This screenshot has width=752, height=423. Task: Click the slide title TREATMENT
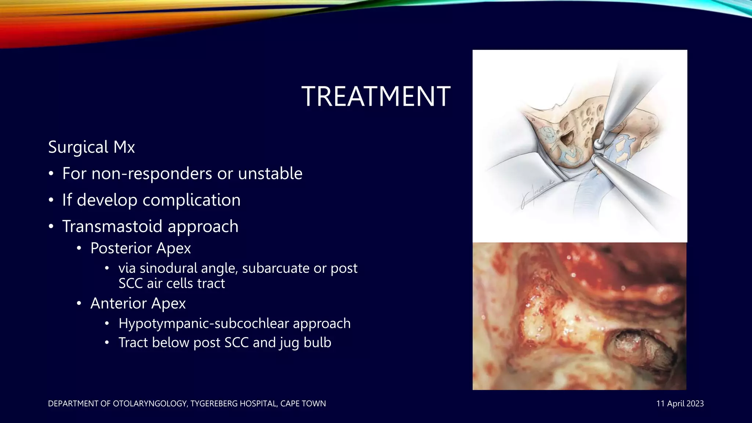376,97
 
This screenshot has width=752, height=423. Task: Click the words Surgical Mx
91,147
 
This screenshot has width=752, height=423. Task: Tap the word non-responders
152,173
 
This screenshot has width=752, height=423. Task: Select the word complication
191,200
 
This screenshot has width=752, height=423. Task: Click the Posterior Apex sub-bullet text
141,248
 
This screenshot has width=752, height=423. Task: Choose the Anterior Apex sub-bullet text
138,303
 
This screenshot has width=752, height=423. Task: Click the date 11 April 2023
680,404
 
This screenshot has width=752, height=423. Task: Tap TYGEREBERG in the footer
213,404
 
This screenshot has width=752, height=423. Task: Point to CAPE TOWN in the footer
303,404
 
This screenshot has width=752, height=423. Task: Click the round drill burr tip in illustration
599,144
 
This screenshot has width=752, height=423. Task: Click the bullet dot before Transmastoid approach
51,227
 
